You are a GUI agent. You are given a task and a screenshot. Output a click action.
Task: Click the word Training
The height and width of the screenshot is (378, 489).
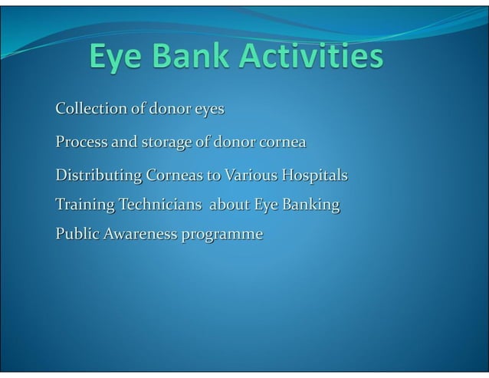(x=83, y=205)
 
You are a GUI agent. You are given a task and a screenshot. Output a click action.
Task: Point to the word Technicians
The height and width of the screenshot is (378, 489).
(x=159, y=205)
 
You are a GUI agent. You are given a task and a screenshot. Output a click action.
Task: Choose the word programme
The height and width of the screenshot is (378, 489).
(x=222, y=234)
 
